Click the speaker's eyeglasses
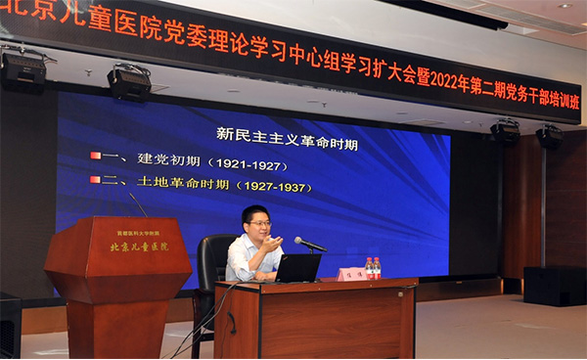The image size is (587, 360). (259, 223)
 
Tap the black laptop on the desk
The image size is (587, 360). (298, 268)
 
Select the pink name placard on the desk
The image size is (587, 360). (351, 274)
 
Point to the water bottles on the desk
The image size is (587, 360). (373, 268)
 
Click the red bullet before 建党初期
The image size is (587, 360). (96, 157)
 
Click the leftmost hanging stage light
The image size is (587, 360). (23, 67)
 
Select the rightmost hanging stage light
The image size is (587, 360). (549, 137)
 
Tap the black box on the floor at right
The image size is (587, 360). (554, 286)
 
